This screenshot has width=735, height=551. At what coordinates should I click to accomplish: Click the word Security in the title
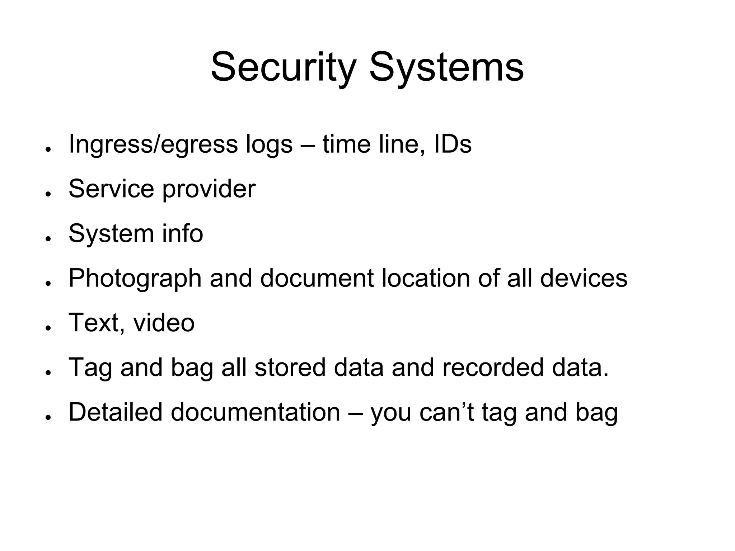[283, 67]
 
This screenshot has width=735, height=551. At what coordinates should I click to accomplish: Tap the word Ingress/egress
[153, 144]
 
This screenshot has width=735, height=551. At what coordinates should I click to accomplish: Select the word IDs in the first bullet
[453, 144]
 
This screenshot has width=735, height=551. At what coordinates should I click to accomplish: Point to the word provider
[209, 189]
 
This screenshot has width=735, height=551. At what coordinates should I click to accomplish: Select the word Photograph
[135, 279]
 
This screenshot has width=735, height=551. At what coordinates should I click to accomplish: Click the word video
[164, 323]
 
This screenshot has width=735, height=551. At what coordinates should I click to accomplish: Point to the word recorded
[493, 367]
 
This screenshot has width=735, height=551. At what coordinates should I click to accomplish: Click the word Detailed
[116, 412]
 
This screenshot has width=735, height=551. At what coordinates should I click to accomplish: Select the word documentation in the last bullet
[255, 412]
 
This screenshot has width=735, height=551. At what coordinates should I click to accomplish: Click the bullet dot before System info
[47, 238]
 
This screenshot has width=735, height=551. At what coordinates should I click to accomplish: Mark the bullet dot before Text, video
[47, 328]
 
